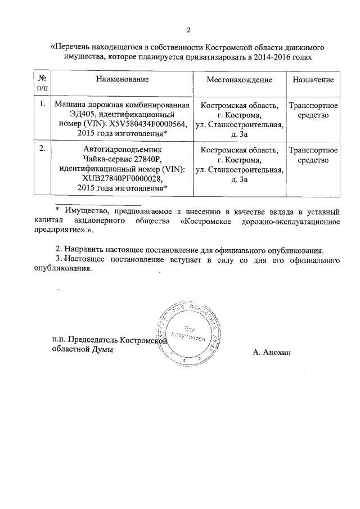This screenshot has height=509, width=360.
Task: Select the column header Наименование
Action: click(122, 80)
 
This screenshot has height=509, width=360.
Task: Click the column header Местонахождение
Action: click(239, 80)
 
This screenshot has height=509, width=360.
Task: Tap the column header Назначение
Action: click(313, 80)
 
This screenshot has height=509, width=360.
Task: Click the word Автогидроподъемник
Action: click(122, 150)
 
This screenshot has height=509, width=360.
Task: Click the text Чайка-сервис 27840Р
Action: click(122, 160)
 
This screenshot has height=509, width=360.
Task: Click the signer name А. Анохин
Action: click(274, 353)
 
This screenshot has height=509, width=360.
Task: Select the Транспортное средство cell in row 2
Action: click(313, 155)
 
